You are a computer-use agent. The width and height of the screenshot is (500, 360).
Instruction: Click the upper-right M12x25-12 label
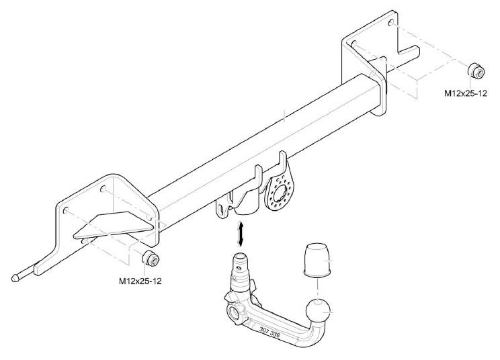click(x=466, y=93)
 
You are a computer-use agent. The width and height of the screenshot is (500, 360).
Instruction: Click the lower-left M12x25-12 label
click(x=140, y=281)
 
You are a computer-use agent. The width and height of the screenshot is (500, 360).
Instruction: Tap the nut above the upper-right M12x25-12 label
click(x=476, y=71)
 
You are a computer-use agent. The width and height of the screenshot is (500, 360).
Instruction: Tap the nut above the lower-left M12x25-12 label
click(x=151, y=258)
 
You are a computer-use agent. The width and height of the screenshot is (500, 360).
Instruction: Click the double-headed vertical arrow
click(x=241, y=234)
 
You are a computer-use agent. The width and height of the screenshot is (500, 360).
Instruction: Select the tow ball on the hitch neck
click(x=317, y=312)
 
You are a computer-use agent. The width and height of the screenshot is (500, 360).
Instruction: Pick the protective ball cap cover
click(x=317, y=259)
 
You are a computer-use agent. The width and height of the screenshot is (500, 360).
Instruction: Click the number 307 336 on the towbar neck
click(x=269, y=332)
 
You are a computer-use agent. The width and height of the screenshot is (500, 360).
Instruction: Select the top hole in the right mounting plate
click(x=391, y=22)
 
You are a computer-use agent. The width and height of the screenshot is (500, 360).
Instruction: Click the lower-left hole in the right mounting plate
click(x=353, y=44)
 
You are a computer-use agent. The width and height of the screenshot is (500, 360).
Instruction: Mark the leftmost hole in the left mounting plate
click(x=66, y=211)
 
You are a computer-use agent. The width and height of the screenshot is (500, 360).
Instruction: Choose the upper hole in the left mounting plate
click(x=103, y=189)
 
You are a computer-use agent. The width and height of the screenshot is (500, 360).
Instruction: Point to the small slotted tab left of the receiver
click(x=223, y=209)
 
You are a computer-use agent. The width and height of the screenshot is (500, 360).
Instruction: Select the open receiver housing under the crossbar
click(x=247, y=198)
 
